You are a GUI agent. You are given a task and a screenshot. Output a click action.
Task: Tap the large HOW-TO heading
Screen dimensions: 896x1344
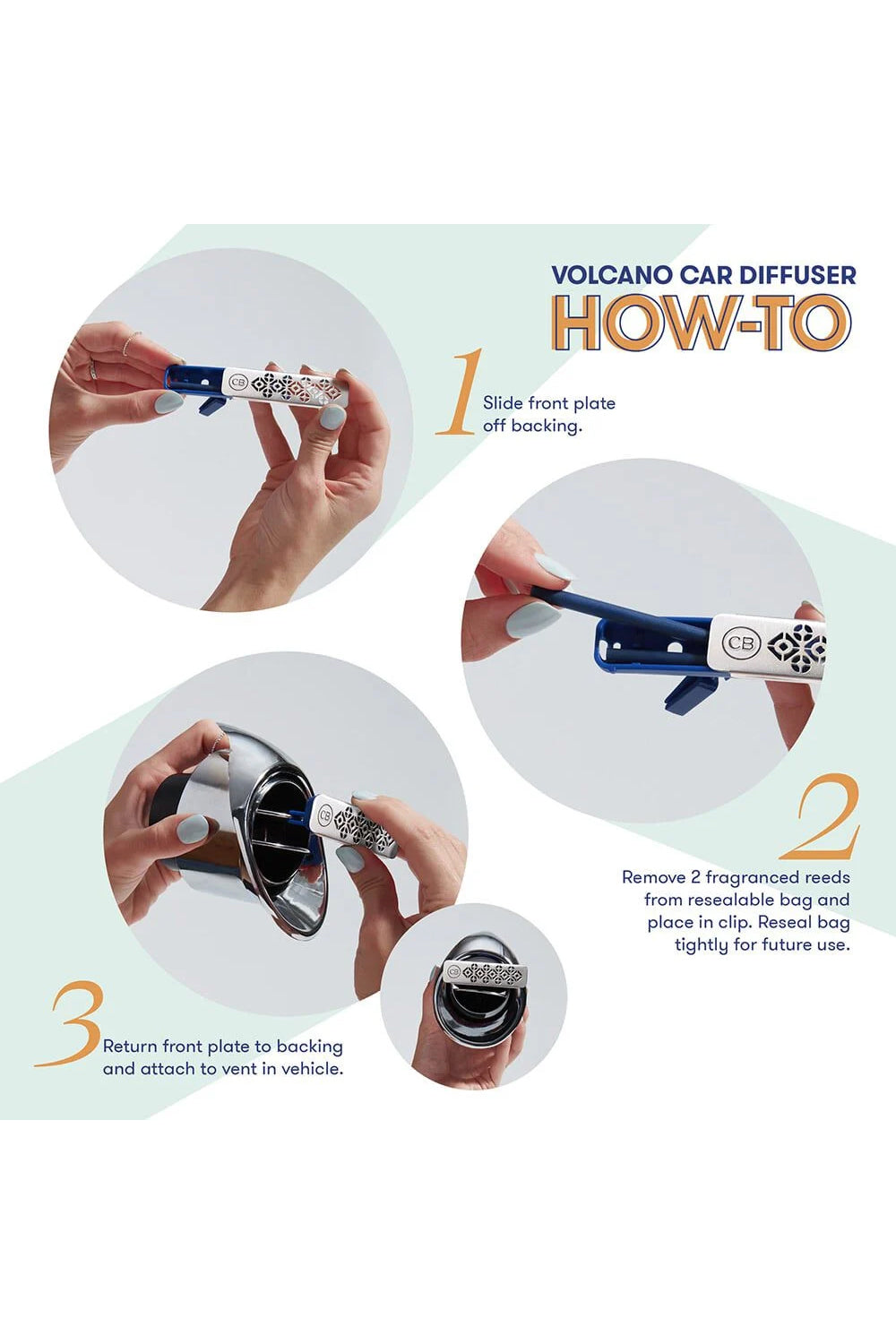702,323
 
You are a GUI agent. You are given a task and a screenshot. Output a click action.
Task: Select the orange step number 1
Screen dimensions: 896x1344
461,392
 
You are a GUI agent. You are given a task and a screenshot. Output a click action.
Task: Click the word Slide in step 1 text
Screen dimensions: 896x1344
503,402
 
